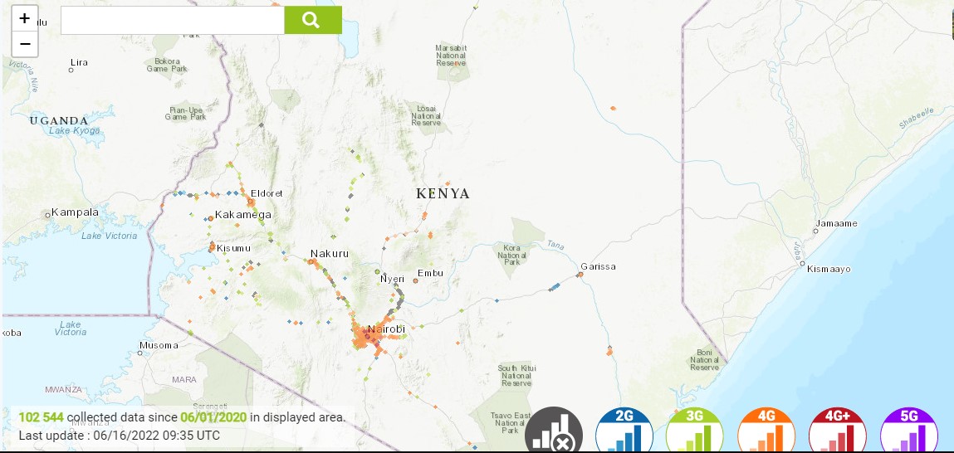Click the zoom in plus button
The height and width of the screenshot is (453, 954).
click(25, 18)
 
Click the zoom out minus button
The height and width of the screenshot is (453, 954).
click(25, 44)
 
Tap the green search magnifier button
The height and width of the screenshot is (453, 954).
click(312, 20)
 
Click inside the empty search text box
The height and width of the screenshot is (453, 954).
click(172, 20)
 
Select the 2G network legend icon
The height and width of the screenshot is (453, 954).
click(624, 431)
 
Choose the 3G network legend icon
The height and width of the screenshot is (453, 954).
click(694, 431)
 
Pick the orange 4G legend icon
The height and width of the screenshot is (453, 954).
click(766, 431)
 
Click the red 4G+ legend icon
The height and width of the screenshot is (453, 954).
click(837, 431)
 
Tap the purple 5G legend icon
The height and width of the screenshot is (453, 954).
click(908, 431)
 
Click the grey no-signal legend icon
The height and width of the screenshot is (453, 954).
click(553, 431)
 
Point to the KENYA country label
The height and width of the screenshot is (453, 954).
click(443, 194)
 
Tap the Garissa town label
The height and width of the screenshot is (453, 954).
click(598, 266)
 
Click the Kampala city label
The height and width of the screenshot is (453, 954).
click(75, 212)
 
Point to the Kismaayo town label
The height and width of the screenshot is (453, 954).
click(828, 270)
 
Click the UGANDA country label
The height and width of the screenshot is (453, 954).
click(58, 120)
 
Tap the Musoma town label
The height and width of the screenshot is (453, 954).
click(158, 345)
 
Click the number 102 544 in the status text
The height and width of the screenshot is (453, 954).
click(41, 417)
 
